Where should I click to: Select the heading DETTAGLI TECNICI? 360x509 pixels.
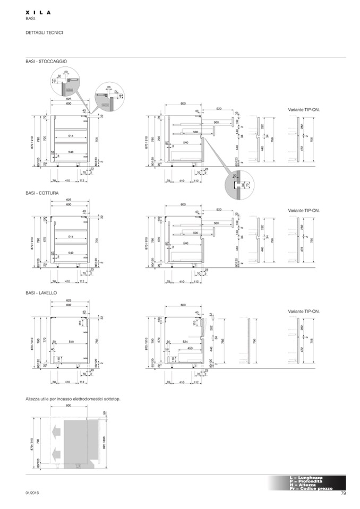44,32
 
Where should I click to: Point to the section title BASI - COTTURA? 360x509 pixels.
42,193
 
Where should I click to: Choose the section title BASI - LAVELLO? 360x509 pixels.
41,293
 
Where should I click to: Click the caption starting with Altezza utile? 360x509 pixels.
73,398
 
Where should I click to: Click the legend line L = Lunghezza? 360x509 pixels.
306,477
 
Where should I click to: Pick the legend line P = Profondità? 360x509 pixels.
306,481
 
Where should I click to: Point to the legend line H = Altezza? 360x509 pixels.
303,485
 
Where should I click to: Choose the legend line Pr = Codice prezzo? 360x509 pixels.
311,488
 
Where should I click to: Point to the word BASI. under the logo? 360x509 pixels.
30,19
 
